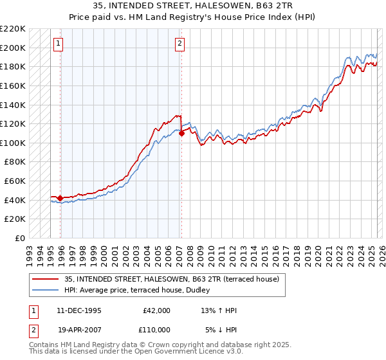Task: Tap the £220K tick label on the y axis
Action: [x=14, y=29]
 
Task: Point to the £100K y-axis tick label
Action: [x=14, y=143]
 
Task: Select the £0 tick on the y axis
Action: [x=21, y=238]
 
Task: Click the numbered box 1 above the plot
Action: [x=58, y=44]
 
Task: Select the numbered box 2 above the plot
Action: [x=179, y=44]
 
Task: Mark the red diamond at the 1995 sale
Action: [x=60, y=198]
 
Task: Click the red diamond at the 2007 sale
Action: [x=181, y=133]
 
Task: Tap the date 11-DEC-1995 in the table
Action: [x=79, y=310]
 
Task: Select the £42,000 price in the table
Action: [x=155, y=310]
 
